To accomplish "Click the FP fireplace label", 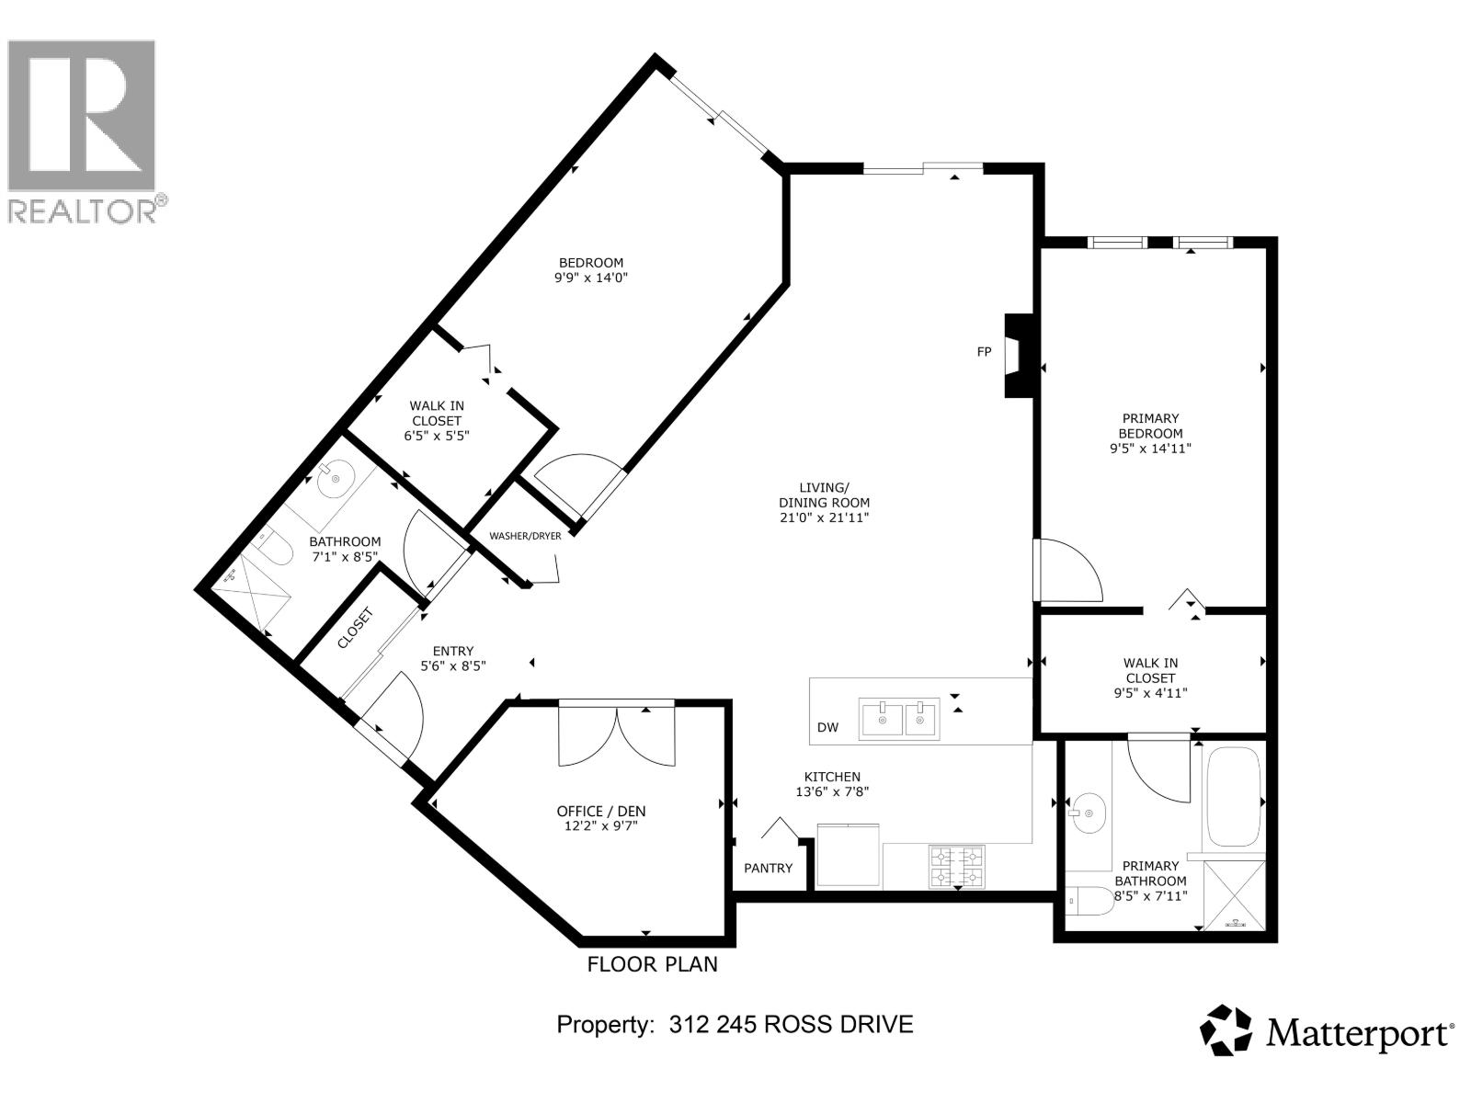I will (984, 352).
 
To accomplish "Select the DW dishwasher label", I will (827, 728).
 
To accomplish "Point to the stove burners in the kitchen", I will (957, 867).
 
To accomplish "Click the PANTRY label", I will (768, 868).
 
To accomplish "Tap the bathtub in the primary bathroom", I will (1234, 797).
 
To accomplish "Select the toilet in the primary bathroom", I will (1091, 900).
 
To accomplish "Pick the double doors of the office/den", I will (616, 735).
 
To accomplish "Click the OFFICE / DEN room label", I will (601, 811).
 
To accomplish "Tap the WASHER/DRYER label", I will (525, 536).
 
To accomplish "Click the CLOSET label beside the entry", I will (355, 629).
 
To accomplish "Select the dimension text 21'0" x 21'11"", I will (824, 518).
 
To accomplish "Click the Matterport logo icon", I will (1226, 1030).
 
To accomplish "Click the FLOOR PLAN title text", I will (652, 964).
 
